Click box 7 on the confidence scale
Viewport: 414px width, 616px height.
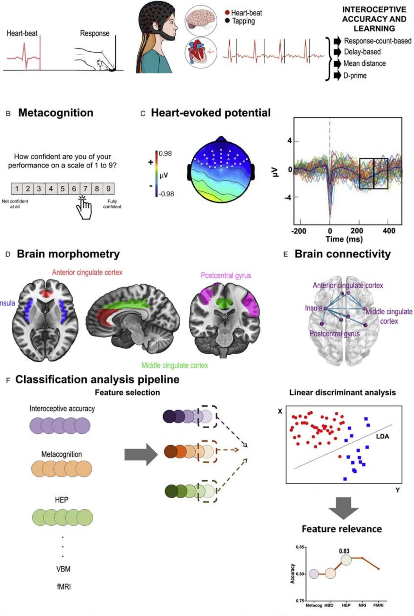pos(85,189)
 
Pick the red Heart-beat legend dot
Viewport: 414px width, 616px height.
pos(227,13)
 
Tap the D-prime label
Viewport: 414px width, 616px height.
pos(355,76)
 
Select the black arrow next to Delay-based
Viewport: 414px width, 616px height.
pos(337,52)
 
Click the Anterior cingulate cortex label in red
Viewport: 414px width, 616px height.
pos(87,272)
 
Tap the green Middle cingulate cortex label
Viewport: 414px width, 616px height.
pos(174,365)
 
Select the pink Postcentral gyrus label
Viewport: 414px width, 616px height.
pos(226,276)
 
